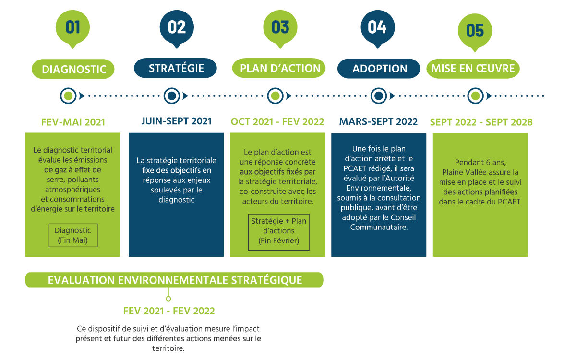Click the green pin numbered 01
73,28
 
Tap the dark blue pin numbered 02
177,28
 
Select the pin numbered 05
475,32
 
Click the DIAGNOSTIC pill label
73,69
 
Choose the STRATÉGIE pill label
175,68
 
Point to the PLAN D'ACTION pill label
279,68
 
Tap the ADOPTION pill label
379,68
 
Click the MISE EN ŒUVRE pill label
473,68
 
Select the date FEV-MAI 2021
73,122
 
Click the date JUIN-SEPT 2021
177,121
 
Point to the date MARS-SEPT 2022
378,121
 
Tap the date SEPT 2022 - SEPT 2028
481,122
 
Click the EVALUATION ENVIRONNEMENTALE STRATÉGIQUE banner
174,280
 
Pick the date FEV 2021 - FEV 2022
169,311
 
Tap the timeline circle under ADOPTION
379,96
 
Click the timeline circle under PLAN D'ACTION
275,96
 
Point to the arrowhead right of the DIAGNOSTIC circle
82,96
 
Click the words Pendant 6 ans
480,163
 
